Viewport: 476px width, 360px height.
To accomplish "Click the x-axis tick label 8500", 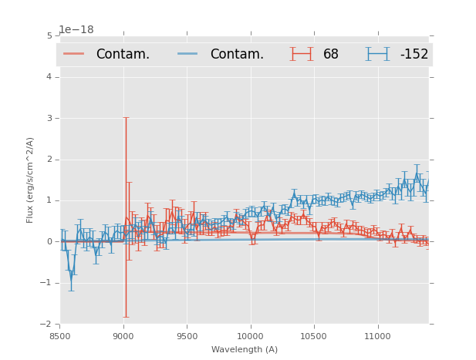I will point(60,336).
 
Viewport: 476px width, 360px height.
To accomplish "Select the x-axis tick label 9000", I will point(123,336).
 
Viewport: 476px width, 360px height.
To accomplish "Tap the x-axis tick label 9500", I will point(187,336).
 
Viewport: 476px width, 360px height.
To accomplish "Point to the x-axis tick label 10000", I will point(250,336).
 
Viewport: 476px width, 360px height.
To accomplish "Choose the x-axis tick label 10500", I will point(313,336).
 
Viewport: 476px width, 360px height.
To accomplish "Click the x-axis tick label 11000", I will point(377,336).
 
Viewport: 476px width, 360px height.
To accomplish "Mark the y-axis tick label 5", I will point(49,35).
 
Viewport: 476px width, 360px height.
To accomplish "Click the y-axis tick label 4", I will point(49,77).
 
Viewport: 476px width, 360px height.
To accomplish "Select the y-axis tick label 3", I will point(49,118).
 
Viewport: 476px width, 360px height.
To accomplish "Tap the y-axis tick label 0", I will point(49,241).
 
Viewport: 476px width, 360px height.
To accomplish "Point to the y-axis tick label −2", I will point(47,324).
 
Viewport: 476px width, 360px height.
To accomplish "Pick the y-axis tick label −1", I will point(47,283).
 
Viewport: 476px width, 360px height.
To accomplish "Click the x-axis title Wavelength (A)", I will point(245,350).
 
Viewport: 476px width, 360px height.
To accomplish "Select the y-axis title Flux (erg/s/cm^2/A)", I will point(31,180).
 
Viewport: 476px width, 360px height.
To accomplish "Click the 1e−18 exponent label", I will point(76,29).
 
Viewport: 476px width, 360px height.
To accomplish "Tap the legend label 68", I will point(331,54).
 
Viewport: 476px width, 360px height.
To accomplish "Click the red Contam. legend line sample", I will point(74,54).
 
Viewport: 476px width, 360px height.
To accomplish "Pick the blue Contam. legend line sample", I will point(188,54).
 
